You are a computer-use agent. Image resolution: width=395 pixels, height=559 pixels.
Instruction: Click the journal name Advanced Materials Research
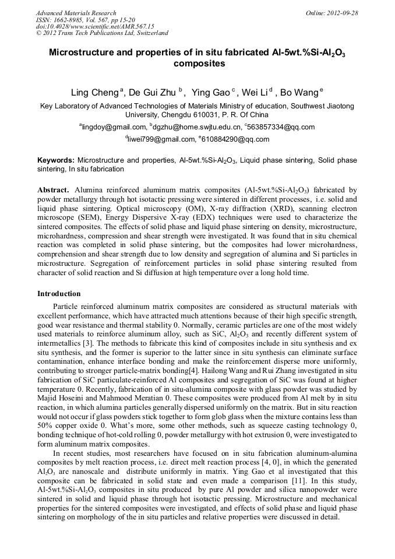pos(76,13)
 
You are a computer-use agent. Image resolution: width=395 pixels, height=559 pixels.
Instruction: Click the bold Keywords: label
pos(56,160)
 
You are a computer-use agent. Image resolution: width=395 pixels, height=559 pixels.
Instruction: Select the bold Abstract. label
pos(54,190)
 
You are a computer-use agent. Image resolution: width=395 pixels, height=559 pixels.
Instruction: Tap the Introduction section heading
pos(59,293)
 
